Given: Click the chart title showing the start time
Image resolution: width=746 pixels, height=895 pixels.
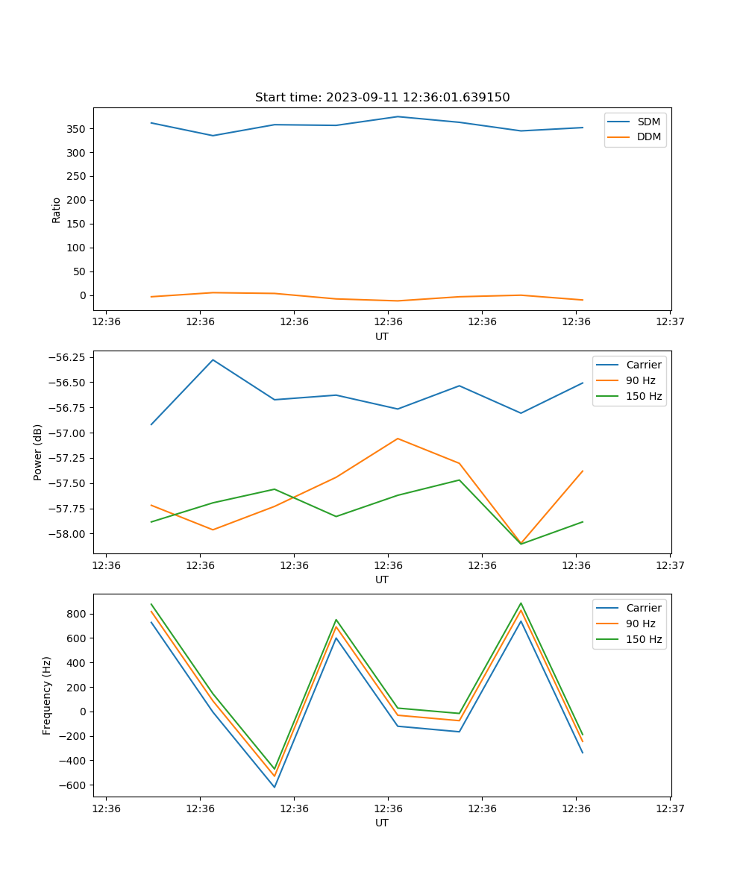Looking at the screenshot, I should tap(382, 98).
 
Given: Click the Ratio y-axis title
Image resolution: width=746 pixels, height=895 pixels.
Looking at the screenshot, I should tap(57, 210).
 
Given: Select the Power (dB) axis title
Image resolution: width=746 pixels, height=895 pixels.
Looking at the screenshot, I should tap(38, 452).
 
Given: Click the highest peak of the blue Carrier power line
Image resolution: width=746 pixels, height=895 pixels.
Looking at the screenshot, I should tap(213, 359).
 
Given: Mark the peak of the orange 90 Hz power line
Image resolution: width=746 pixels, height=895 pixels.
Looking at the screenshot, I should tap(398, 439).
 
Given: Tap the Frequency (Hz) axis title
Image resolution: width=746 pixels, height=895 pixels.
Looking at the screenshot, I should tap(47, 695).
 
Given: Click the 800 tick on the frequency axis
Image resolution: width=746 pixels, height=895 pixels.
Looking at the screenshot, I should tap(78, 614).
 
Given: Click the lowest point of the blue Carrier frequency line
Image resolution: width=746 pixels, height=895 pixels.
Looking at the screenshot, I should tap(275, 787).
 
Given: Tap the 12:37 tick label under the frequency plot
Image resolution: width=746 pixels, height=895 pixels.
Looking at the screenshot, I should tap(669, 808).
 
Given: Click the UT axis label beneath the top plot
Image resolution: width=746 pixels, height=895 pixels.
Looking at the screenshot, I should tap(382, 336).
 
